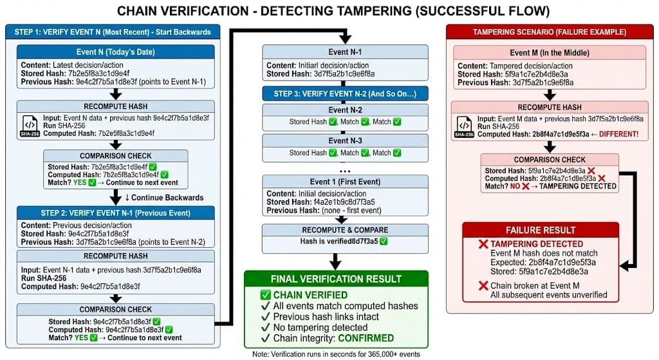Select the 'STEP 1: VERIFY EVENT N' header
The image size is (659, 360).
point(112,31)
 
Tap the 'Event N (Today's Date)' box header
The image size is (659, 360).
point(113,52)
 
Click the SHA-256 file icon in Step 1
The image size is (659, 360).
point(30,125)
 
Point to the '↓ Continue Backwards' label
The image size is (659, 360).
point(164,197)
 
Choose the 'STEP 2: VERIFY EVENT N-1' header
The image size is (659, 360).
point(113,213)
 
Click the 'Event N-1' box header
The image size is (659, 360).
point(346,52)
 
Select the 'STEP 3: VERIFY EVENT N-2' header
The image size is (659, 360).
point(346,94)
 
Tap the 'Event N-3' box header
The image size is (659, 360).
point(346,140)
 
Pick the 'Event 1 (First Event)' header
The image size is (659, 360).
point(346,181)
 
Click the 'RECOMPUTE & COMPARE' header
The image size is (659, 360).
point(346,229)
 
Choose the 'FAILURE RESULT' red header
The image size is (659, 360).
point(541,230)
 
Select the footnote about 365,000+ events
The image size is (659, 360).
point(336,354)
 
